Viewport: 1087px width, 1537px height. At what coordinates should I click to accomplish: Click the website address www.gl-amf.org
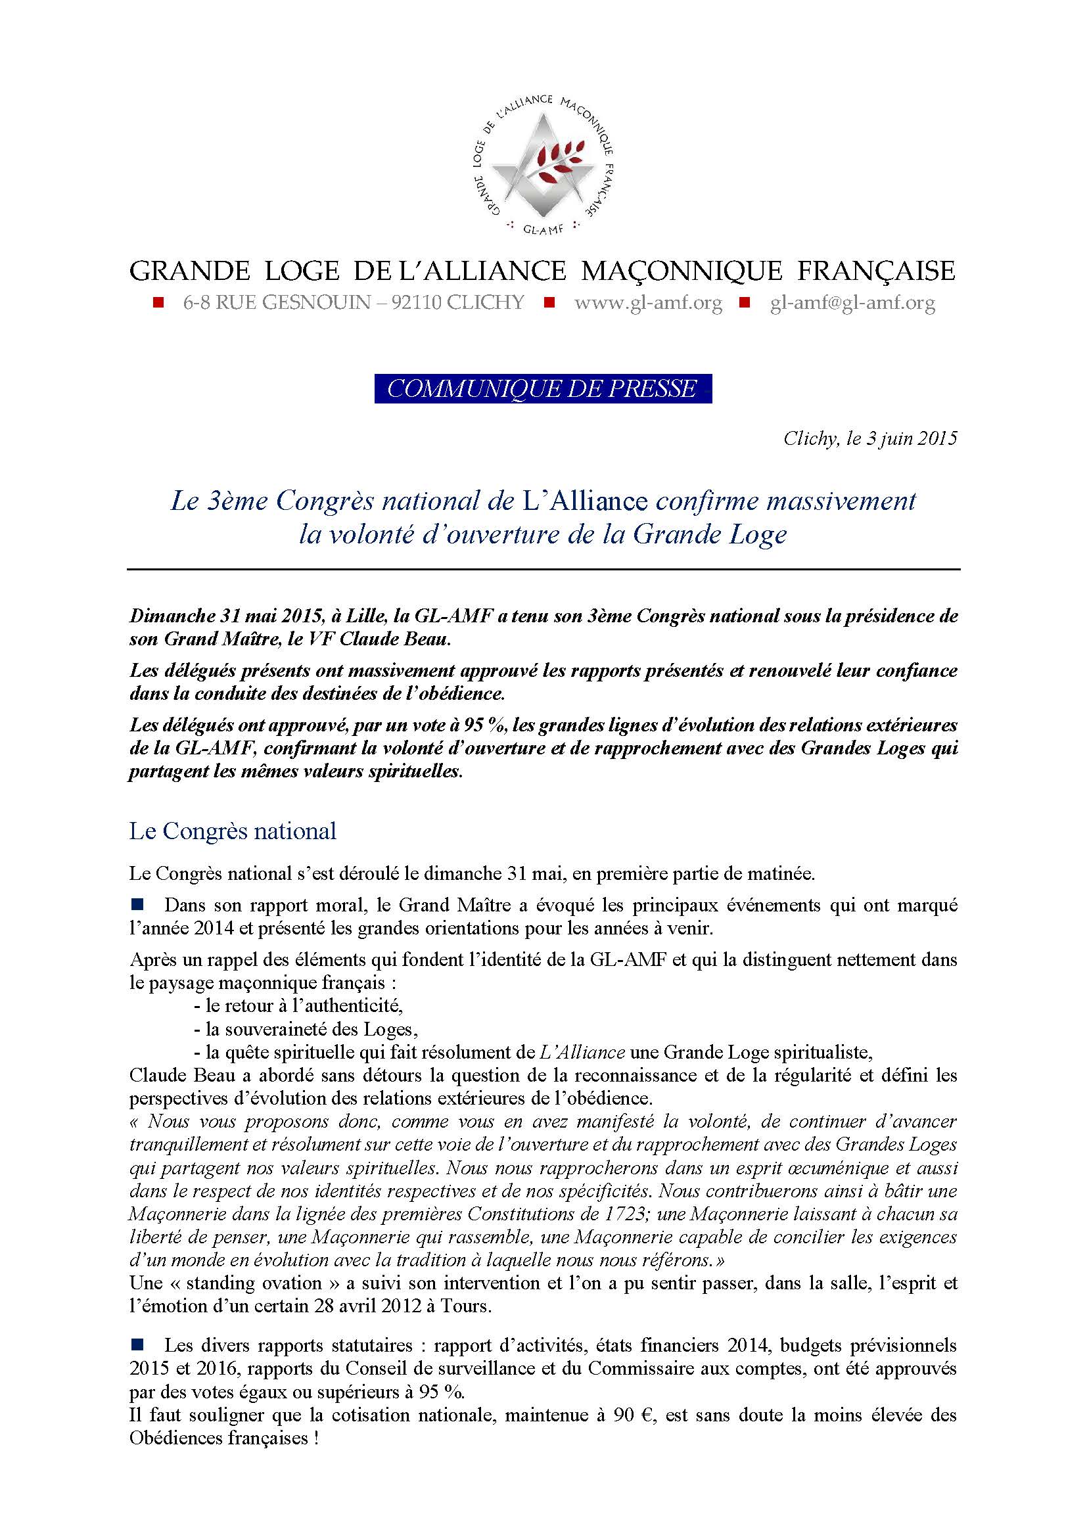point(648,303)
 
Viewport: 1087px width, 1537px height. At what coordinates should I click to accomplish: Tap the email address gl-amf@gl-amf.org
point(852,303)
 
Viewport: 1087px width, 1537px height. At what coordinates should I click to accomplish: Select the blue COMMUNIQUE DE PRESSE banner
point(542,389)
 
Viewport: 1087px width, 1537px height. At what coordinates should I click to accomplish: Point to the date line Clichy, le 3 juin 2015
point(870,439)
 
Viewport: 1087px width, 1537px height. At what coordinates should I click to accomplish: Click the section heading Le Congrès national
point(232,831)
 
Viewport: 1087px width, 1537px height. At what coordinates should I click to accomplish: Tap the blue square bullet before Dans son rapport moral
point(138,905)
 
